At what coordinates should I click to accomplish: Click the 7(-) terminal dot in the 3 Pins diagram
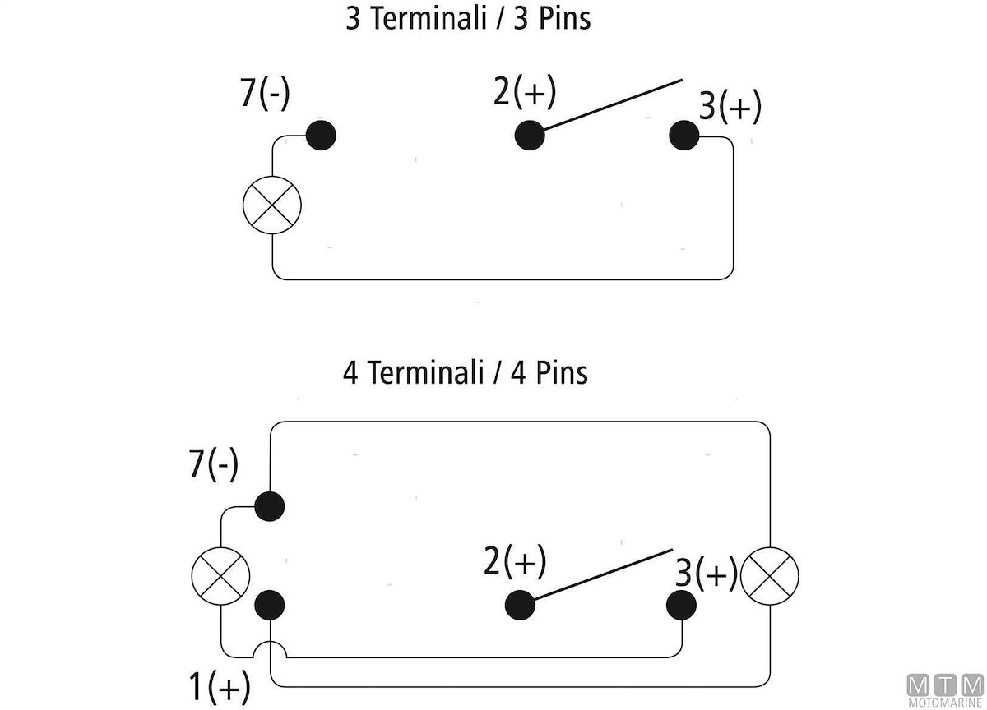pos(321,136)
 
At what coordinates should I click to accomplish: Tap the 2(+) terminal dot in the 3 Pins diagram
pos(530,136)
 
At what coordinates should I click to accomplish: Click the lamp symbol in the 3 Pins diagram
pos(273,205)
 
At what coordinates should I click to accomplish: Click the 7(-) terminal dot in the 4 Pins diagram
pos(269,505)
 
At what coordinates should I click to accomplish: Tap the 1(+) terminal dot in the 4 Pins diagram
pos(269,606)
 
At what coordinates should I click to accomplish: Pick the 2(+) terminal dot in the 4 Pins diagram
pos(520,606)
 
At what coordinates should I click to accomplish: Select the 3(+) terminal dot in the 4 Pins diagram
pos(680,606)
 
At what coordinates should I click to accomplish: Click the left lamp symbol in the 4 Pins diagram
pos(220,575)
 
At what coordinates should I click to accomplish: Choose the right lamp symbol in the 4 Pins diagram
pos(770,575)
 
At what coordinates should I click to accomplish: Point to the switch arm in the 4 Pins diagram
pos(600,577)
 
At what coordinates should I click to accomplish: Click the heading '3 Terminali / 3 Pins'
pos(468,19)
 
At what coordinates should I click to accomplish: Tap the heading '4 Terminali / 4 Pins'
pos(466,373)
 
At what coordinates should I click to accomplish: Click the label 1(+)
pos(220,685)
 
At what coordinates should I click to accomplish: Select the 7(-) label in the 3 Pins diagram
pos(265,94)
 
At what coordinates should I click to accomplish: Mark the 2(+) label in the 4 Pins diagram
pos(515,563)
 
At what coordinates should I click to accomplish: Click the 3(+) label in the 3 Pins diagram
pos(730,108)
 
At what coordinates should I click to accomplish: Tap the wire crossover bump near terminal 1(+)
pos(271,649)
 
